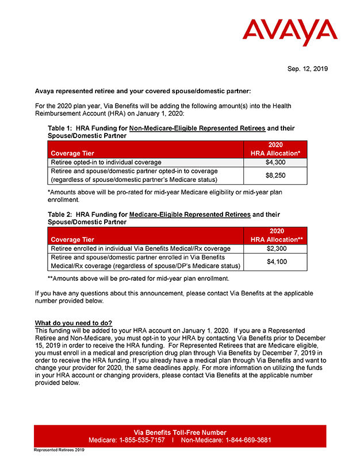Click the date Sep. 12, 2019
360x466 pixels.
pos(307,69)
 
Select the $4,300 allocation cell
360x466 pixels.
pos(275,162)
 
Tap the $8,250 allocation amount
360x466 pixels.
pos(275,175)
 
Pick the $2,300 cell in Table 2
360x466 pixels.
pos(275,249)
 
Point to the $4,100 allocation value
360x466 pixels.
pos(275,261)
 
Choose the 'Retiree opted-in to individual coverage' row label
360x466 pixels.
pos(106,162)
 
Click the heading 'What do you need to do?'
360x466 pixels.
pos(74,323)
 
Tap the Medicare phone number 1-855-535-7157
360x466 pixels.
pos(141,440)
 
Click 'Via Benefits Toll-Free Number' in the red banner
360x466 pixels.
pos(180,432)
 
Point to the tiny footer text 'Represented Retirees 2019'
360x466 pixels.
pos(59,450)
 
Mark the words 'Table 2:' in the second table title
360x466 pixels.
pos(60,215)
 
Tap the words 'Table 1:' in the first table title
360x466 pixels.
pos(60,128)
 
